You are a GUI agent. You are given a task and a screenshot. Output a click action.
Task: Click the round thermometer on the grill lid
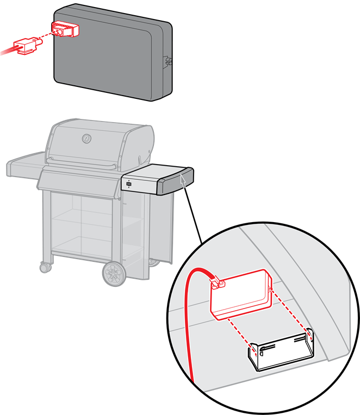(x=86, y=139)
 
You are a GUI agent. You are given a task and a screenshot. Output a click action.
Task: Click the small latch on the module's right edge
(x=168, y=61)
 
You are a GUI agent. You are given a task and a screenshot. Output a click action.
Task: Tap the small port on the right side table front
(x=129, y=185)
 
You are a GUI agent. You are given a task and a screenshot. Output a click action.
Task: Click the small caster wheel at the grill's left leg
(x=45, y=267)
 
